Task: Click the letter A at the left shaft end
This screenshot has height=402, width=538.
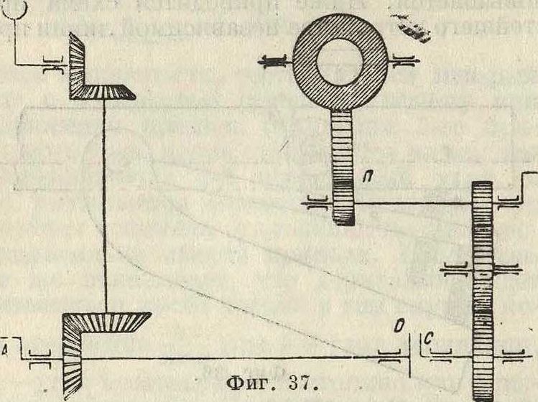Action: coord(6,350)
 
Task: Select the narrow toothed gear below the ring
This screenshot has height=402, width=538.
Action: coord(343,169)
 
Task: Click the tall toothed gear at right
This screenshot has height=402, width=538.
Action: coord(482,287)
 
